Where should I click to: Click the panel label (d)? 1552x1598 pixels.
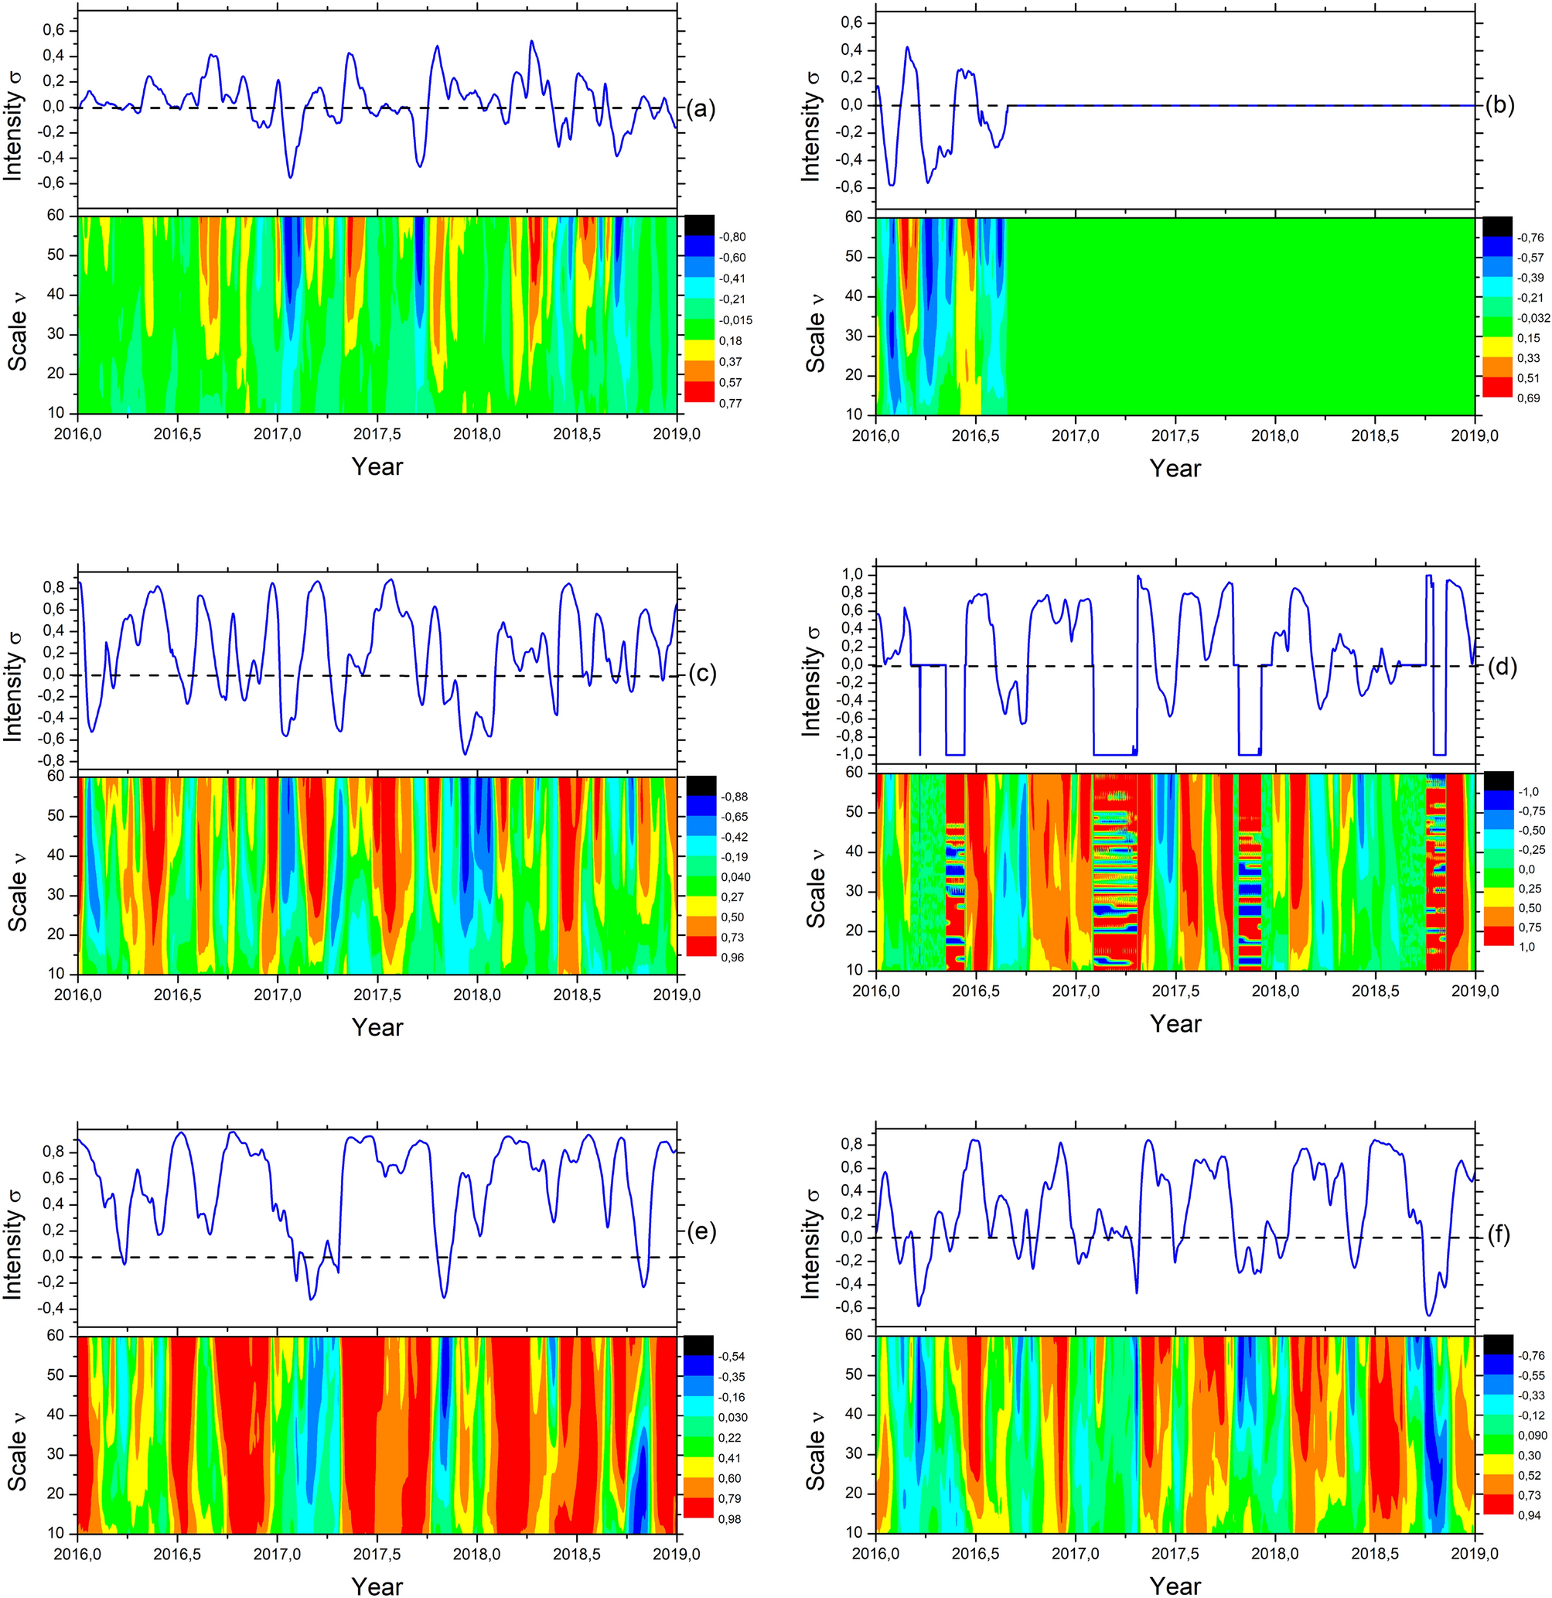click(1502, 666)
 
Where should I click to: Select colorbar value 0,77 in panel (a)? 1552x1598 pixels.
click(730, 403)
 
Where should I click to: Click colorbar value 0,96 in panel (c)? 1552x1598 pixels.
click(732, 957)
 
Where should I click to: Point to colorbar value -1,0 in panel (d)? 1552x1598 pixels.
click(1528, 792)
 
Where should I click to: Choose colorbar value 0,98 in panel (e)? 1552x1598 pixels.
click(730, 1519)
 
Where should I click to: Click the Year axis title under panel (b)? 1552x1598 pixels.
click(1175, 468)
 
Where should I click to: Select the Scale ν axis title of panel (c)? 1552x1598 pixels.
click(18, 876)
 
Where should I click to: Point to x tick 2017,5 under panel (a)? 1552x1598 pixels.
click(377, 434)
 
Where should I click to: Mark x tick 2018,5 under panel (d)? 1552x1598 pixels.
click(1374, 991)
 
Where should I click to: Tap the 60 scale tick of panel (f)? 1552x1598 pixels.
click(854, 1336)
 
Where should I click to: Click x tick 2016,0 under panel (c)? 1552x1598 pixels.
click(78, 995)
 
